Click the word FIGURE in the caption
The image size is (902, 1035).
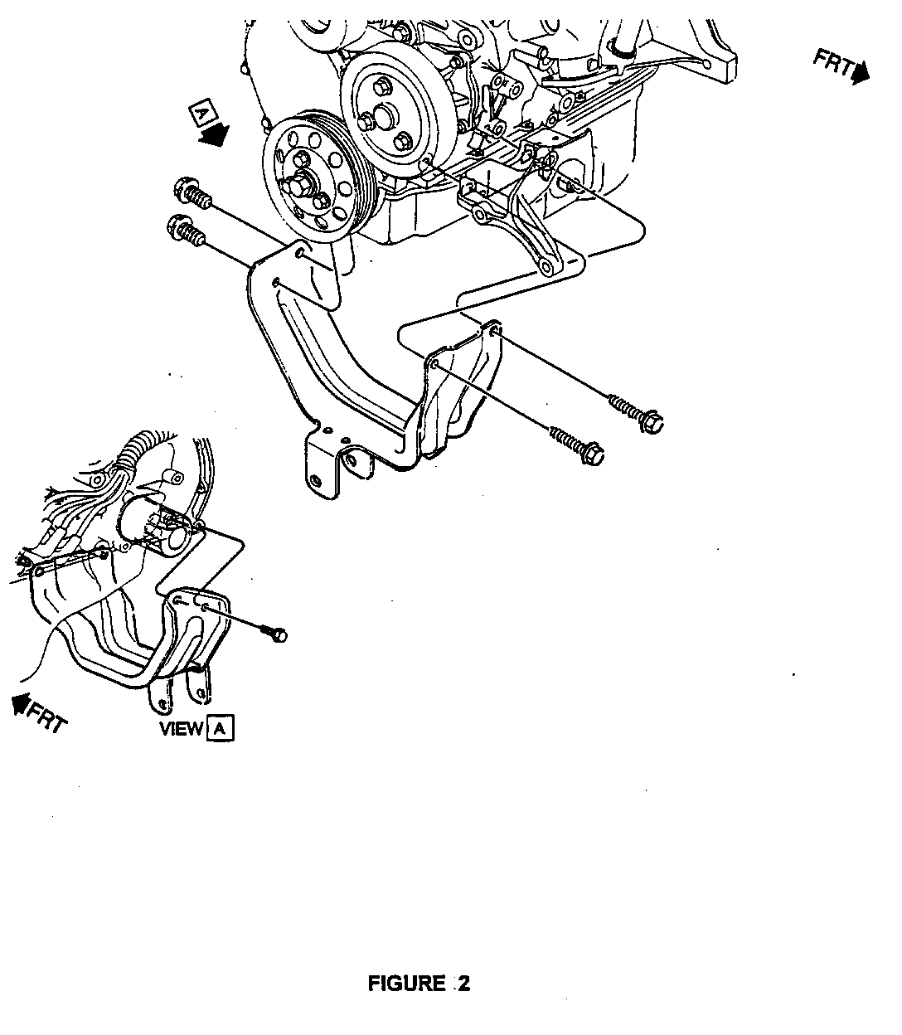[x=406, y=984]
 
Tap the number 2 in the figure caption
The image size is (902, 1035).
[x=463, y=984]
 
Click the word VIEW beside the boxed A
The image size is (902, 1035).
[x=181, y=728]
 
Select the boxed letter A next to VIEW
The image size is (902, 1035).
[x=221, y=728]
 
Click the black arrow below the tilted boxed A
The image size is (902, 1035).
[x=215, y=135]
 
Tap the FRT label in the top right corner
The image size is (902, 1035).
[x=833, y=65]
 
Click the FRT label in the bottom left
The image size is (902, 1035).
[x=46, y=717]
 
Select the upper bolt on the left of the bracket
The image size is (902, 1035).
[x=192, y=195]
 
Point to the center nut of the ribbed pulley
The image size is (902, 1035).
[x=301, y=183]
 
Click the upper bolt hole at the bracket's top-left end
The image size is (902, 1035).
[x=301, y=251]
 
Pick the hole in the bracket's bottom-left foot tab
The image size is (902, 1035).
[x=317, y=479]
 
